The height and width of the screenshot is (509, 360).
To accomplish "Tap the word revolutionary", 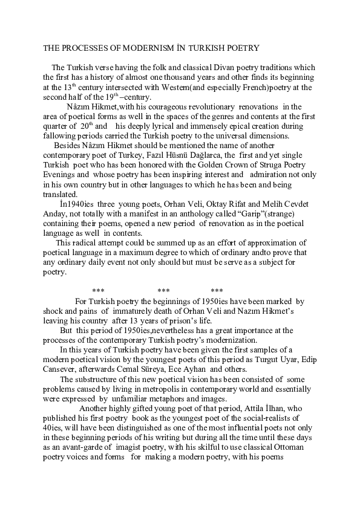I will [200, 106].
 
